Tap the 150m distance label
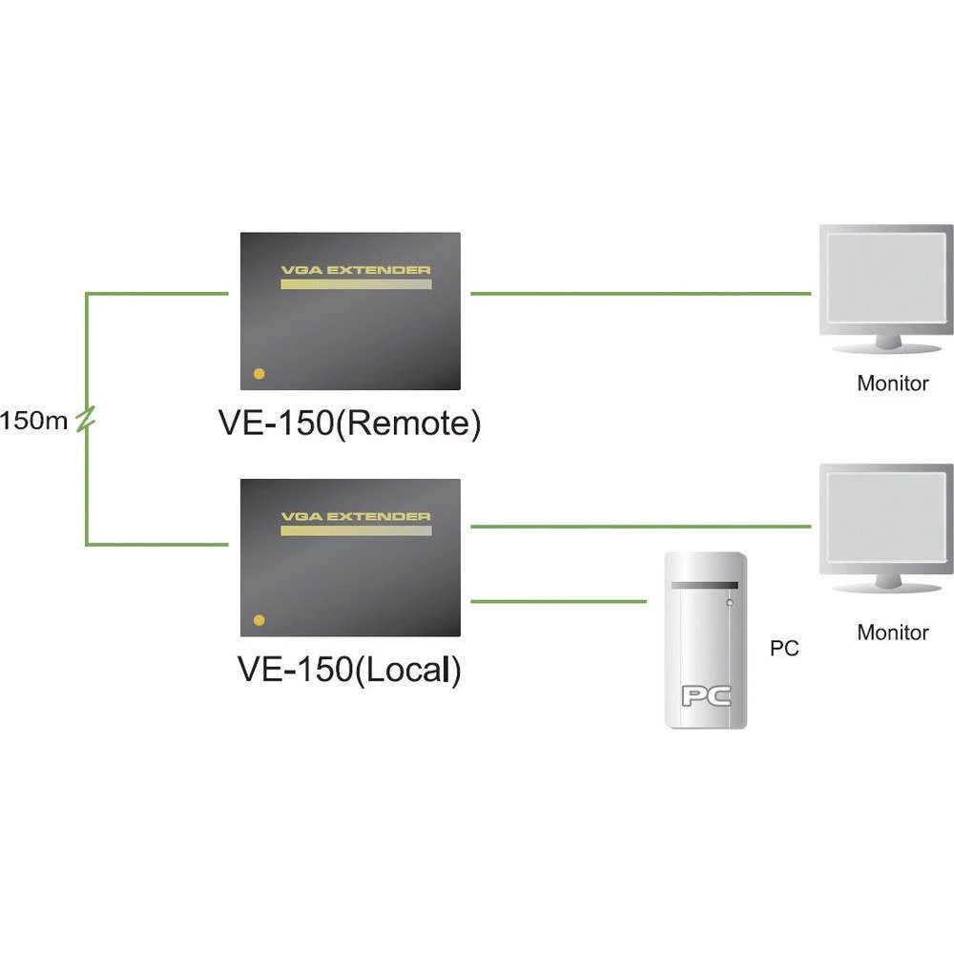[34, 421]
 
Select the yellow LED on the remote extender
[259, 374]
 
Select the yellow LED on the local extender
[259, 619]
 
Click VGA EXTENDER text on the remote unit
[355, 270]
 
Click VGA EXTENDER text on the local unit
[355, 516]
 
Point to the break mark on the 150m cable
[86, 419]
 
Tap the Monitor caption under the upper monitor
[892, 384]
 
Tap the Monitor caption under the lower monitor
[892, 632]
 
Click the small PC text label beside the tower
[784, 649]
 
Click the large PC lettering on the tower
[705, 695]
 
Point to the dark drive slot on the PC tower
[705, 585]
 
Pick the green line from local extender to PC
[559, 602]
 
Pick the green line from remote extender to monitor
[639, 294]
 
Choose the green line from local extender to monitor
[639, 526]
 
